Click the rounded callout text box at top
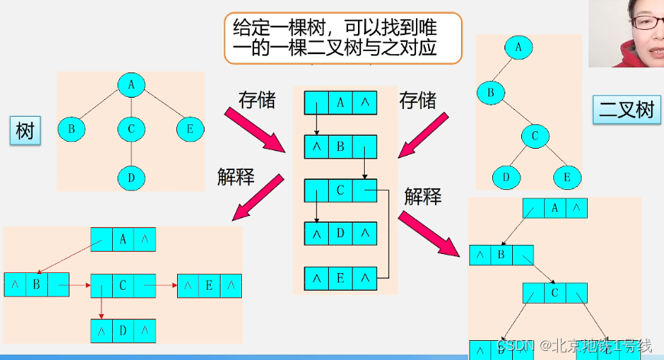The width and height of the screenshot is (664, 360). pyautogui.click(x=343, y=39)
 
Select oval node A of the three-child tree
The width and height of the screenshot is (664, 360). pyautogui.click(x=131, y=86)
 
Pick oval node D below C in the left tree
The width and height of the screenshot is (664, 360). pyautogui.click(x=131, y=178)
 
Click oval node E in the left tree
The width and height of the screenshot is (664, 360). pyautogui.click(x=190, y=129)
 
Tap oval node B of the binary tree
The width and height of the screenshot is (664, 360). pyautogui.click(x=492, y=94)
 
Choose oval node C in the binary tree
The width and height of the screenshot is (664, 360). pyautogui.click(x=536, y=136)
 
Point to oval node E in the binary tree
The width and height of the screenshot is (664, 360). pyautogui.click(x=568, y=177)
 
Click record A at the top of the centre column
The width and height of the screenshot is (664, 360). pyautogui.click(x=340, y=103)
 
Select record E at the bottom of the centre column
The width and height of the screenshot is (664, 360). pyautogui.click(x=340, y=277)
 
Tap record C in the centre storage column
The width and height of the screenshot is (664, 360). pyautogui.click(x=340, y=190)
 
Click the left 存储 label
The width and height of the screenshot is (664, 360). pyautogui.click(x=257, y=99)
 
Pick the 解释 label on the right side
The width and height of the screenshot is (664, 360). pyautogui.click(x=423, y=197)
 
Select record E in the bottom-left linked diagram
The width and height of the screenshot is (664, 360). pyautogui.click(x=209, y=286)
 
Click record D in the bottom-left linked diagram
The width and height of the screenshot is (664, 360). pyautogui.click(x=123, y=331)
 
